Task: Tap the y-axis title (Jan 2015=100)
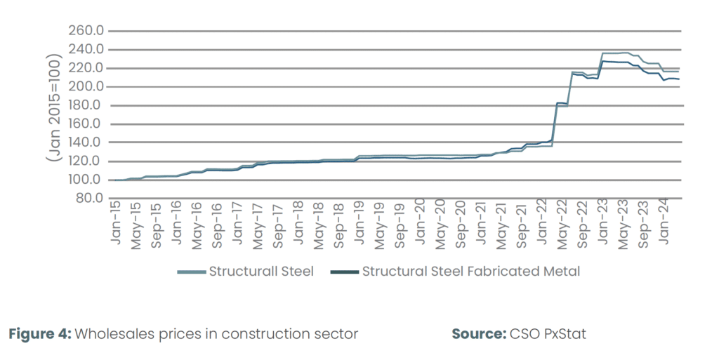coord(54,111)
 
